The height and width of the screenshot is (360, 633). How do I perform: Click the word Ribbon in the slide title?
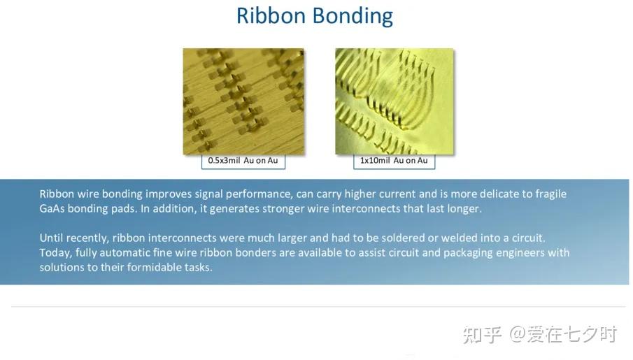point(271,16)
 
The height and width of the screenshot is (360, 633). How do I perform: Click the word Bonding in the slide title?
point(353,17)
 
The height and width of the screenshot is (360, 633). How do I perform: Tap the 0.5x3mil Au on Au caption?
point(243,160)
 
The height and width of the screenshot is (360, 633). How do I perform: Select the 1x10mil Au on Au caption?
point(394,160)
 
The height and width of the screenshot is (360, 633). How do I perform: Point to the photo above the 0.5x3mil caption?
point(243,101)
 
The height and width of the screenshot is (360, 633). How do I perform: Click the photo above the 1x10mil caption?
point(394,101)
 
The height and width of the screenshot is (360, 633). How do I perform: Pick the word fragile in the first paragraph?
point(551,194)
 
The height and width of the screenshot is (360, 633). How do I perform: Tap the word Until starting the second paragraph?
point(50,238)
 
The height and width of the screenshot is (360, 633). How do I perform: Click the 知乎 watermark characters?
point(482,335)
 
